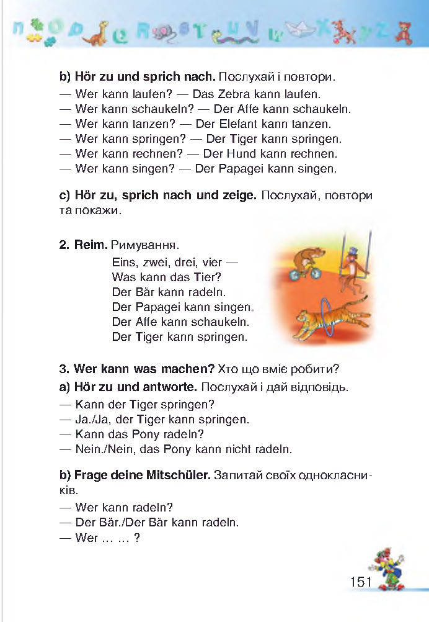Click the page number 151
(360, 582)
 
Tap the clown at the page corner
(386, 568)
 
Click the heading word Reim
(91, 246)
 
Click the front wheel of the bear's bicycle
(314, 273)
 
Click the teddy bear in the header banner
(406, 32)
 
